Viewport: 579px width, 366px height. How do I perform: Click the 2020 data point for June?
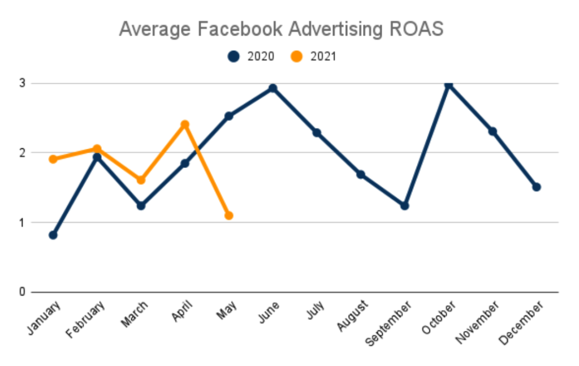click(x=273, y=88)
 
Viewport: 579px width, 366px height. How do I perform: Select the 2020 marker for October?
click(x=448, y=85)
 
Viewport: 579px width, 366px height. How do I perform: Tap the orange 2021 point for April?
click(x=185, y=125)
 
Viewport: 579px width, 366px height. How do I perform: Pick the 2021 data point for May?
click(x=229, y=216)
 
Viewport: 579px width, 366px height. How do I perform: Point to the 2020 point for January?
click(x=53, y=235)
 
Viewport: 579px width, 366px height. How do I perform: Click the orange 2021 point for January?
click(x=53, y=159)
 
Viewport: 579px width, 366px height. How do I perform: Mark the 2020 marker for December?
click(x=537, y=187)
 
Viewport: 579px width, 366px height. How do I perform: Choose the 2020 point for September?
click(x=405, y=206)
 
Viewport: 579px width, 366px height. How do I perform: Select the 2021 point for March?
click(x=141, y=180)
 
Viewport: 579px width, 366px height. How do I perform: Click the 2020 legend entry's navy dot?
click(x=234, y=57)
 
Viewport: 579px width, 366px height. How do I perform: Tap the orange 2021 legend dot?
click(x=296, y=57)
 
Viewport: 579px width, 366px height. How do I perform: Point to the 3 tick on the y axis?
click(x=23, y=83)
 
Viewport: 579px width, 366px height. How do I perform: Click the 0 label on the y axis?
click(x=23, y=292)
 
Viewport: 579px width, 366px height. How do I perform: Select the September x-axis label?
click(x=388, y=324)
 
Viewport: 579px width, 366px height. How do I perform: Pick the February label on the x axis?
click(x=85, y=320)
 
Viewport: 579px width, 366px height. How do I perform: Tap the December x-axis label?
click(x=521, y=323)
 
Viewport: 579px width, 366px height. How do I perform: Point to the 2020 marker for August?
click(x=361, y=175)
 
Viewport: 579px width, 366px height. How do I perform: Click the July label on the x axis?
click(x=316, y=310)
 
